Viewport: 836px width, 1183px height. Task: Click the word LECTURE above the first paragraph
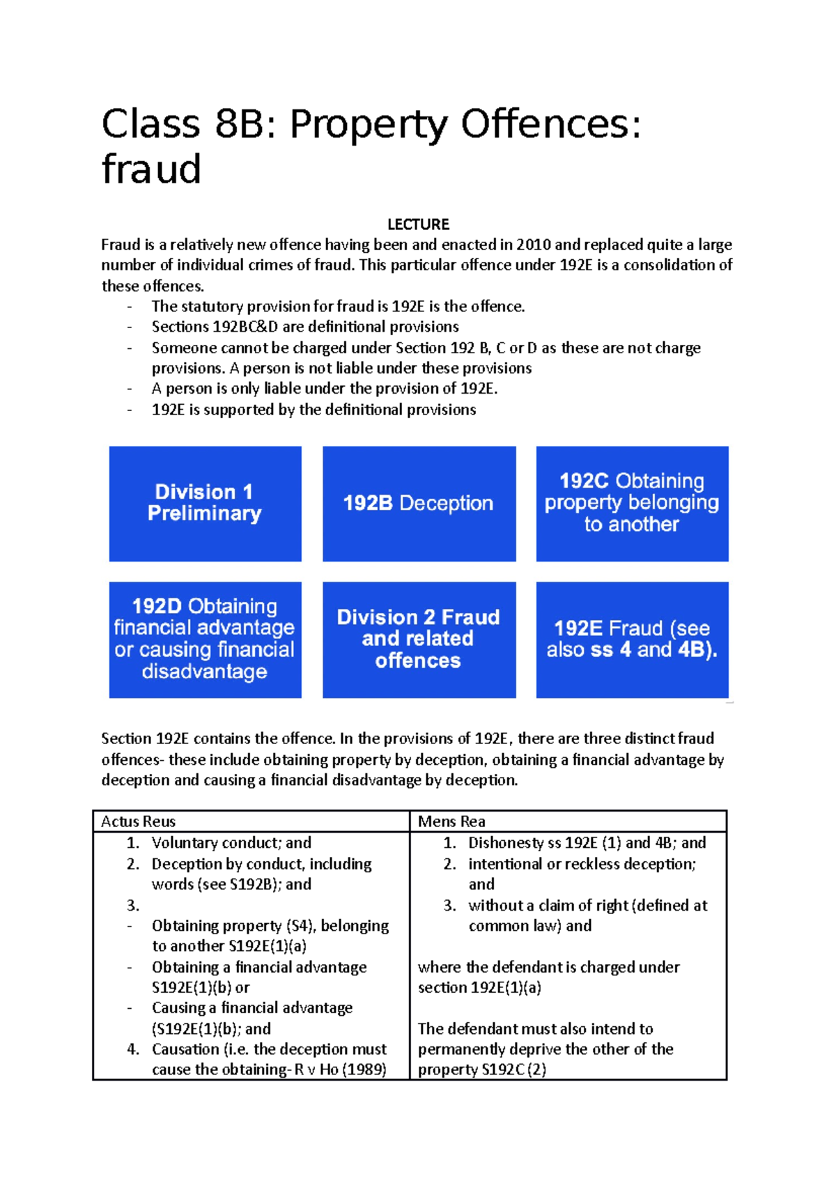(x=418, y=224)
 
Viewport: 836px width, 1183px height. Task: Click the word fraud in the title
(x=151, y=170)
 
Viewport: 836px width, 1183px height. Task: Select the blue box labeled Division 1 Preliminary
(x=205, y=503)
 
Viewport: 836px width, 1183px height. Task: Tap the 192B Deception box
(x=419, y=503)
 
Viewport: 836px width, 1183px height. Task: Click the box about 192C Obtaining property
(x=632, y=503)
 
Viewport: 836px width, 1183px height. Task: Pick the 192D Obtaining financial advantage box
(x=205, y=639)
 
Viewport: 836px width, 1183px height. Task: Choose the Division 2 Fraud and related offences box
(x=419, y=639)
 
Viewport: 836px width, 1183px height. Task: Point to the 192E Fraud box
(x=632, y=639)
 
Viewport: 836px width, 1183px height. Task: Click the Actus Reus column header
(x=138, y=821)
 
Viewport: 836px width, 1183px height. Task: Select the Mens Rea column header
(x=451, y=821)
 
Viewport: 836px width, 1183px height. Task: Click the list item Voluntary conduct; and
(x=231, y=842)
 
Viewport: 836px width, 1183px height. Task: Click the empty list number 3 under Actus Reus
(x=132, y=905)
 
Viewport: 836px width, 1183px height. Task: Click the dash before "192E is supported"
(x=129, y=410)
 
